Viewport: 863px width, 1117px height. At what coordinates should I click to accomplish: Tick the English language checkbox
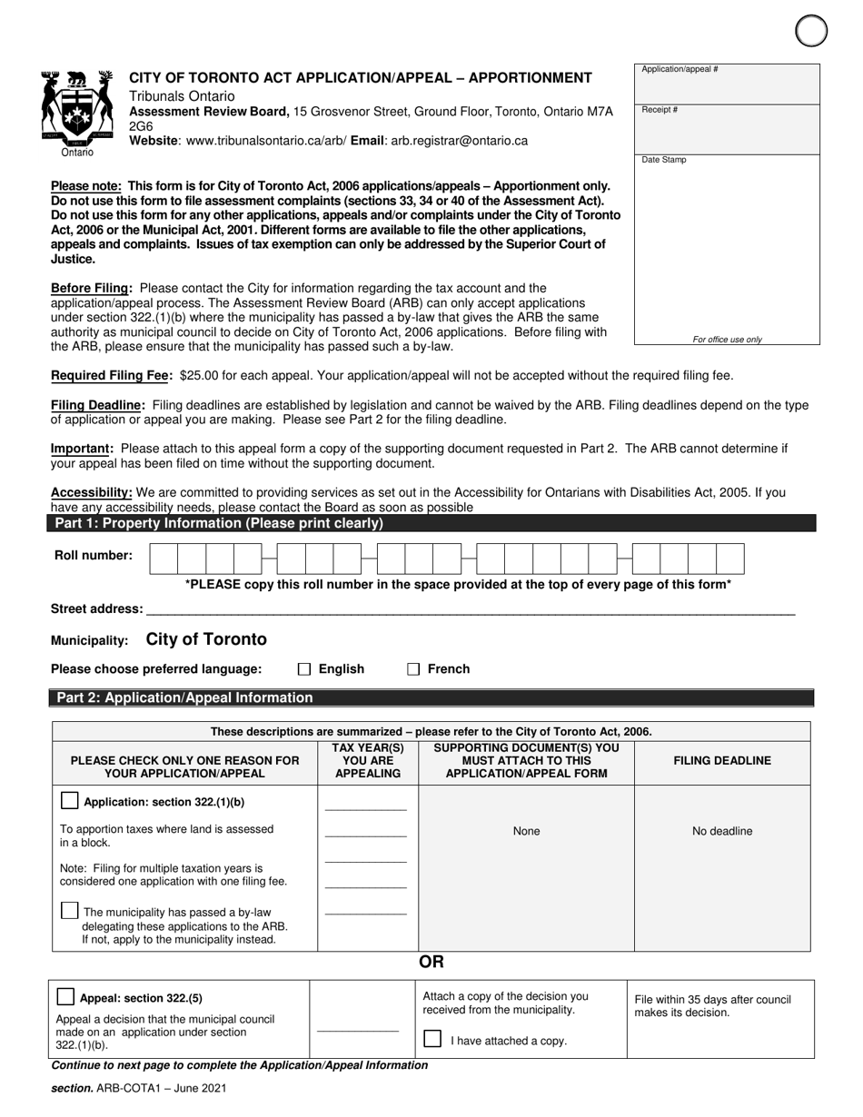pos(304,669)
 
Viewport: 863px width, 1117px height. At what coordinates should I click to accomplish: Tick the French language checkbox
pos(413,669)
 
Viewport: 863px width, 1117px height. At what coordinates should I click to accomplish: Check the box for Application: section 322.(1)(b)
pos(69,801)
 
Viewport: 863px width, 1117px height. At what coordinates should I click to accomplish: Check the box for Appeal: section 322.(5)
pos(65,996)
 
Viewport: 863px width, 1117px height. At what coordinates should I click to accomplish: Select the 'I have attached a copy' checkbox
pos(433,1039)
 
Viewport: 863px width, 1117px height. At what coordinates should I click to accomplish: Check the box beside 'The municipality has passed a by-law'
pos(69,911)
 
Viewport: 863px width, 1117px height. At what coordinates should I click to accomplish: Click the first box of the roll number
pos(164,558)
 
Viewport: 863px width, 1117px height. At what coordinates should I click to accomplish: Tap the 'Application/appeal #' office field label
pos(679,70)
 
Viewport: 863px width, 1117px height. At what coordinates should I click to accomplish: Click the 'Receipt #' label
pos(660,110)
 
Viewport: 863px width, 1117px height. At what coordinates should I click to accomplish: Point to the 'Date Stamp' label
pos(664,160)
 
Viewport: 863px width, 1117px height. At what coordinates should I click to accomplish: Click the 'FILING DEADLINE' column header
pos(722,761)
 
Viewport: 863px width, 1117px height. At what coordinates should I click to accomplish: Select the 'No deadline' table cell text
pos(722,831)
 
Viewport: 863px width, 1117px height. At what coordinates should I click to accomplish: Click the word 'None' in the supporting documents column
pos(526,831)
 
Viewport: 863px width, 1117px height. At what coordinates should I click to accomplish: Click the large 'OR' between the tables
pos(431,963)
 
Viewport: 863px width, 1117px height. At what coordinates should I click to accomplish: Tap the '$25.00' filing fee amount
pos(200,375)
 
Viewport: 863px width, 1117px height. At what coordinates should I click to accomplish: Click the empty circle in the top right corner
pos(811,31)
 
